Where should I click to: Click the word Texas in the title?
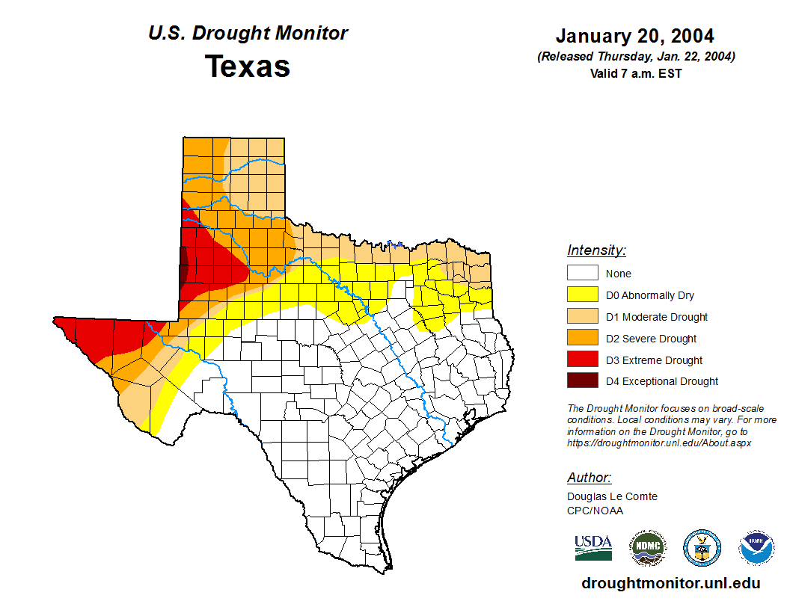248,67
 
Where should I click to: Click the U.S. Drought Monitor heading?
248,34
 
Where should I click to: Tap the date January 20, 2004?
634,36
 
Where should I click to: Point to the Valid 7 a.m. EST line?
635,73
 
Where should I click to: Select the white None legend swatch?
582,274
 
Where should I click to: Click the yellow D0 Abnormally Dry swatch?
582,295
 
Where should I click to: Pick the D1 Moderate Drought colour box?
582,317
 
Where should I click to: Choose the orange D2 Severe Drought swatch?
582,339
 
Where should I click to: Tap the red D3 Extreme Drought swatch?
582,360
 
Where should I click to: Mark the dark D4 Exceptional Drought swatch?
582,381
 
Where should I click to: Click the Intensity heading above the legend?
596,250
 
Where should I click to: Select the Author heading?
589,478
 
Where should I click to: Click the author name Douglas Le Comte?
612,496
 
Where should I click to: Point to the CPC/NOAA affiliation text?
595,511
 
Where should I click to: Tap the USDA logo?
593,547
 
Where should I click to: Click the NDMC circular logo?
647,548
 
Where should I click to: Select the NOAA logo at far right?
756,548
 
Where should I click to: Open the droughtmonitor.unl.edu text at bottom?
670,584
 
